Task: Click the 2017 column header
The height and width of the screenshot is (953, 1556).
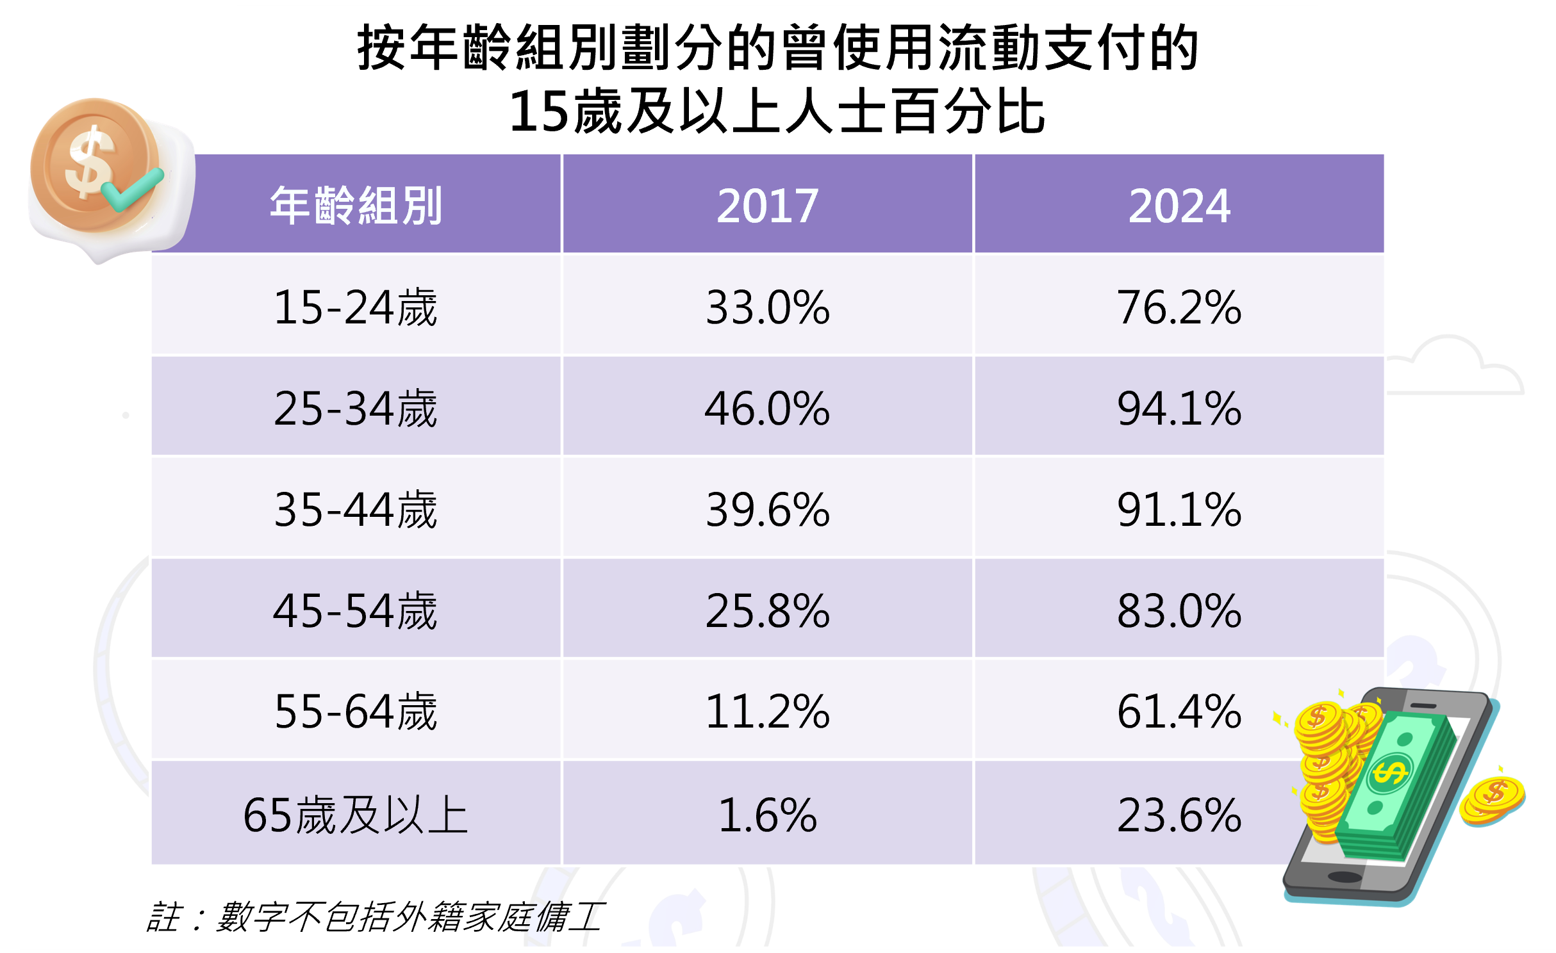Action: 767,205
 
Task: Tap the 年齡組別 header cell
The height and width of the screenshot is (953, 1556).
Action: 356,205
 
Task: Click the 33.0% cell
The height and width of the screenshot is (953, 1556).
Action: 767,307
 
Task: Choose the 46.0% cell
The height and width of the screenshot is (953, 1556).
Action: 767,408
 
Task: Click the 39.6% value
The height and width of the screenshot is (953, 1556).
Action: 767,509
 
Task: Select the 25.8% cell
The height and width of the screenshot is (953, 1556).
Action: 767,610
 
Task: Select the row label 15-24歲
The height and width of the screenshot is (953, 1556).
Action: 356,307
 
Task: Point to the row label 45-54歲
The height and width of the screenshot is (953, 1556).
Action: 356,610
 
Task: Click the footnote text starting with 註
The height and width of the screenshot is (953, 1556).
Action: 375,916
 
